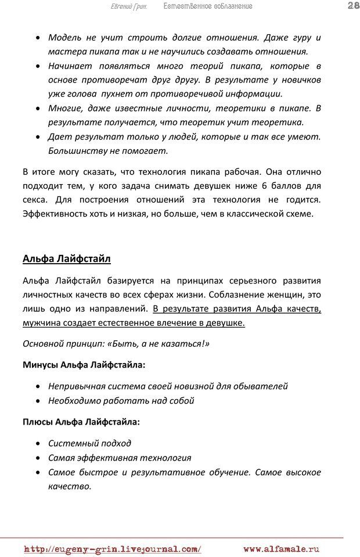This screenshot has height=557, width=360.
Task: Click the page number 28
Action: click(351, 6)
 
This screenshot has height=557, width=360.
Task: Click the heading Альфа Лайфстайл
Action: click(66, 258)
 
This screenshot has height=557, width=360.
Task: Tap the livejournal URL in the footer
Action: click(113, 548)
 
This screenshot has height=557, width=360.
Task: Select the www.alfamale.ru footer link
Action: click(282, 548)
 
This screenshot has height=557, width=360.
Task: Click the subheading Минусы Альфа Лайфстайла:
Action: click(84, 365)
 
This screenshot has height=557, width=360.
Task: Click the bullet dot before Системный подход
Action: click(38, 444)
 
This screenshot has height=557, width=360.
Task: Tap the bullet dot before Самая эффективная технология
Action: click(38, 458)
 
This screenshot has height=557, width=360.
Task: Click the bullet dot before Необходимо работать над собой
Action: click(38, 401)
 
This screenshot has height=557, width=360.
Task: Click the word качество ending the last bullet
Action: click(69, 486)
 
